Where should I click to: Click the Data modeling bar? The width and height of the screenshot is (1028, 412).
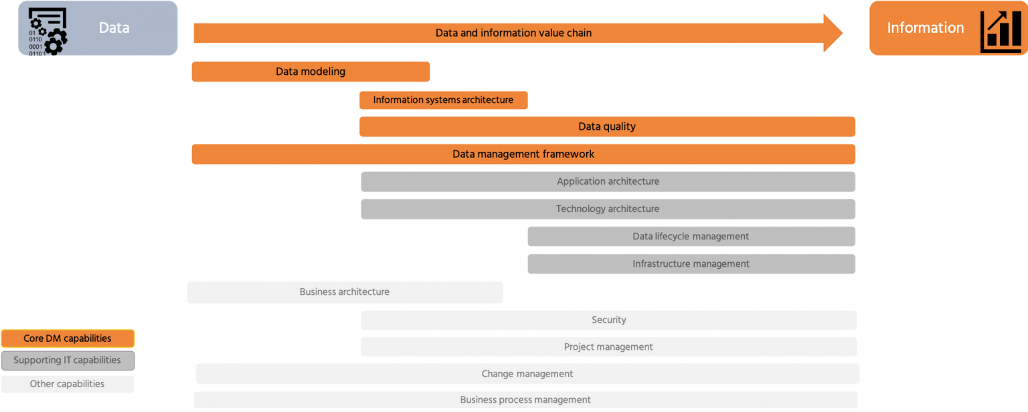311,72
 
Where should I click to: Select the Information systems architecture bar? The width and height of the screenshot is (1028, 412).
443,100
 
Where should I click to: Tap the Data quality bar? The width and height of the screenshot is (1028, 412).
607,126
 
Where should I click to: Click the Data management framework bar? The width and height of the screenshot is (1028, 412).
523,154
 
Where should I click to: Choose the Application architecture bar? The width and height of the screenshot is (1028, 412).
608,181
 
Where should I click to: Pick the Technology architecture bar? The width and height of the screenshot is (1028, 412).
608,209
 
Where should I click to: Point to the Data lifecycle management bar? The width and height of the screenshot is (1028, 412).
691,236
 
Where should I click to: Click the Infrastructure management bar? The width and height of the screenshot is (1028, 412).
691,264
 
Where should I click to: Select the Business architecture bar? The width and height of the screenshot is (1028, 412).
345,292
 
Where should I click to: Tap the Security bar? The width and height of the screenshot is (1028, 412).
608,320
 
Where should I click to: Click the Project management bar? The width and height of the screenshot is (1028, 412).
608,346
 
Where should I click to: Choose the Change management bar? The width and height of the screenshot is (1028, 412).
527,374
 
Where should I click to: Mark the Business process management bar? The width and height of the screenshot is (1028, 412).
525,400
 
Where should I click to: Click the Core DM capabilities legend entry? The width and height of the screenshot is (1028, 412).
68,338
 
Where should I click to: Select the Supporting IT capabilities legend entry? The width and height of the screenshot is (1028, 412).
68,360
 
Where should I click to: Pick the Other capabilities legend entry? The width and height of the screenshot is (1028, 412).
68,384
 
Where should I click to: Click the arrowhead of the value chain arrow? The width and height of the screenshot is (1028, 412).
833,33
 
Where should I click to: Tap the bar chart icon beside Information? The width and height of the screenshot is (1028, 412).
1001,31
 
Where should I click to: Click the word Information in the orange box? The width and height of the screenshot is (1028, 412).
925,28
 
